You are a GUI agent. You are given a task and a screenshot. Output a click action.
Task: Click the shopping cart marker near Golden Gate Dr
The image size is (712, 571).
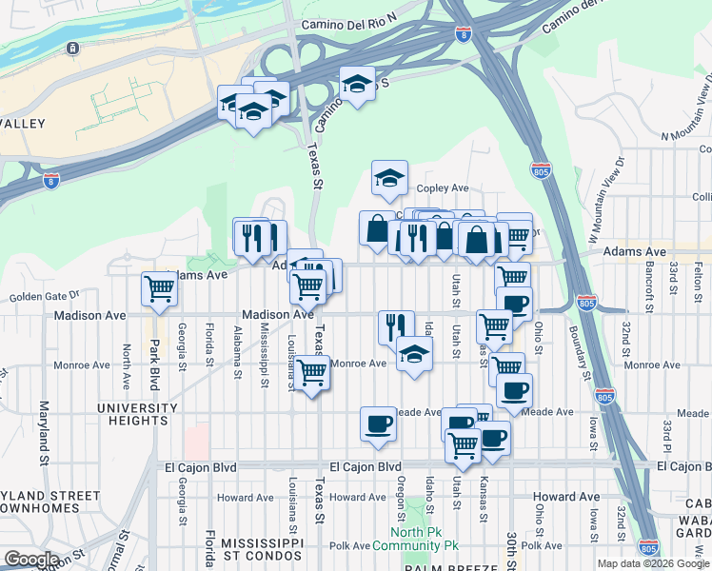click(x=159, y=288)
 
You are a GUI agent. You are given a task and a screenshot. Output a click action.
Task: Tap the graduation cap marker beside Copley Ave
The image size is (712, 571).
click(x=388, y=178)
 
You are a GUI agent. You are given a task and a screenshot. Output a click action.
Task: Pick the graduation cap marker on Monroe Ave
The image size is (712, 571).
click(x=413, y=354)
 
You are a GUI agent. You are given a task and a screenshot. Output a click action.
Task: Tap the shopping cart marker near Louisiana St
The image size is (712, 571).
click(x=311, y=372)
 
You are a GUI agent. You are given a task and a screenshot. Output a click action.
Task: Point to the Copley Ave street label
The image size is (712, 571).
click(x=443, y=188)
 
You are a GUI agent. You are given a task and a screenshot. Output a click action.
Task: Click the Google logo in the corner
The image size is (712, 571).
click(x=31, y=559)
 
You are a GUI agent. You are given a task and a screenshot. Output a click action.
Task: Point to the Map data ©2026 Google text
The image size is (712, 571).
click(x=653, y=563)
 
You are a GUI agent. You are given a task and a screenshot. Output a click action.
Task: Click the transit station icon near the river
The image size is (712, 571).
click(x=72, y=48)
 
